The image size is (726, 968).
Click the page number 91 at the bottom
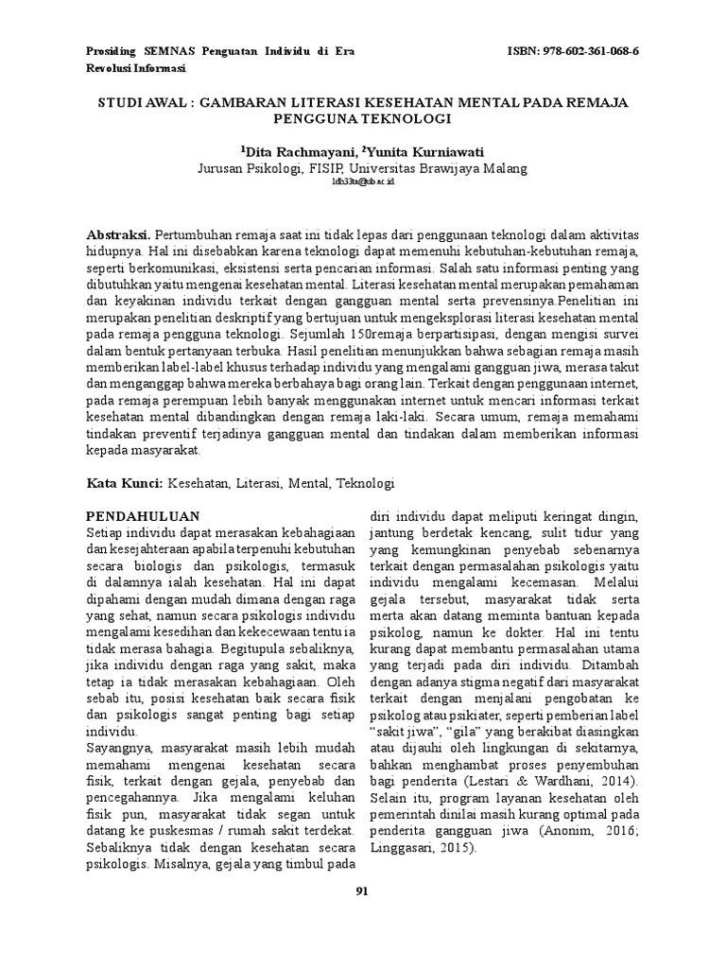(362, 890)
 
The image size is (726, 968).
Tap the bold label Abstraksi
(118, 233)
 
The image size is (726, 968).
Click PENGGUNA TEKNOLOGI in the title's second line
(363, 118)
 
